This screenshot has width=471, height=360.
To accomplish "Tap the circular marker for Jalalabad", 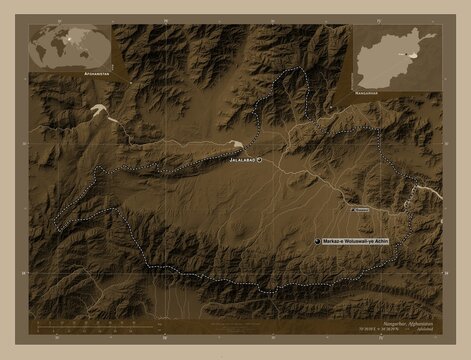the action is click(x=259, y=160).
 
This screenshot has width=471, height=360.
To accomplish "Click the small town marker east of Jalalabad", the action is click(x=353, y=211).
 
